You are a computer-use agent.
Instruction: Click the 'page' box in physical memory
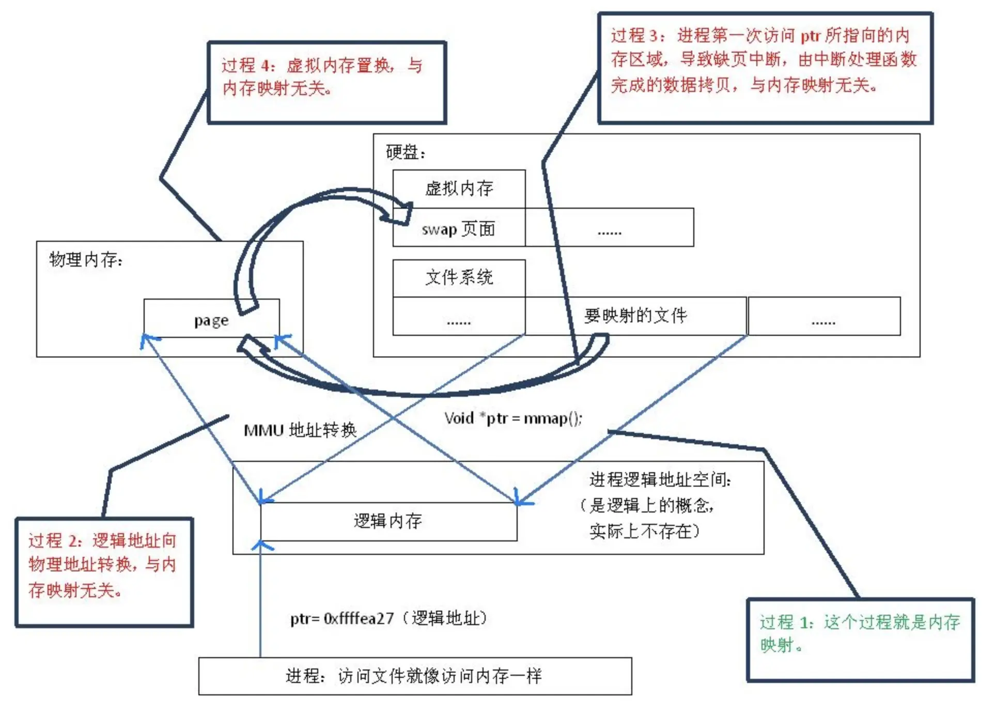211,318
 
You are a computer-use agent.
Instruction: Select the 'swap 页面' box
459,227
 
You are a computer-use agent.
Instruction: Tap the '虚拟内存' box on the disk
459,189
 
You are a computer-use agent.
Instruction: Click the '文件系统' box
459,278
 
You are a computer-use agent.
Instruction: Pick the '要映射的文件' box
636,316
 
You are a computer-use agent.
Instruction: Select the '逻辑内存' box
388,521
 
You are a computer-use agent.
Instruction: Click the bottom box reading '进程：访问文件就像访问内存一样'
415,676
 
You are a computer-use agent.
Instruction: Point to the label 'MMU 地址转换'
300,430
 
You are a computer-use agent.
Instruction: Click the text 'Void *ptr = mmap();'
513,418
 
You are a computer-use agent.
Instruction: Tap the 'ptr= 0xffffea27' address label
388,618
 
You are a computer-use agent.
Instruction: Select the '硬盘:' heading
406,152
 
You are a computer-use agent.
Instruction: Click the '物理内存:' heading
86,259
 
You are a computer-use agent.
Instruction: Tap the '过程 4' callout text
322,76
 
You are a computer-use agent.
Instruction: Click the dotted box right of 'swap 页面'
610,227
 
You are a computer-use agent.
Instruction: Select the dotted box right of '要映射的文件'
824,316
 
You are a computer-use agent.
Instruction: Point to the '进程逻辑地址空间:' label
660,480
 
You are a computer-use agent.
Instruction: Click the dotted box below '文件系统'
459,316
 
